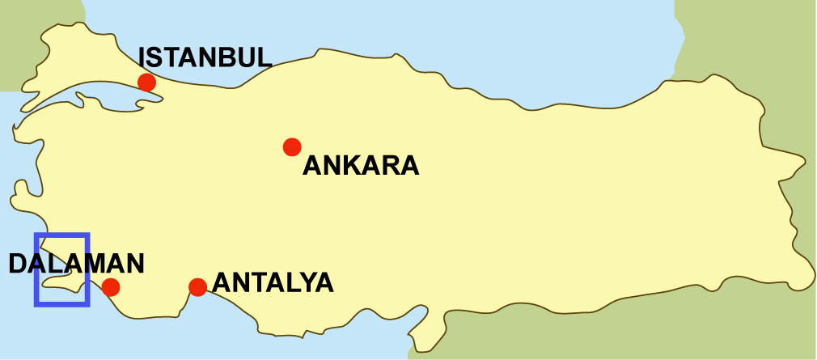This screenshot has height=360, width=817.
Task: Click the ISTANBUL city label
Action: pyautogui.click(x=205, y=57)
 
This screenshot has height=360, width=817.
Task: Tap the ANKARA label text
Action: pyautogui.click(x=361, y=166)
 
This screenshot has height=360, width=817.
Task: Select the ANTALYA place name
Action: pyautogui.click(x=273, y=283)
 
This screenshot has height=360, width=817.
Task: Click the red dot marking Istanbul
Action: pyautogui.click(x=146, y=82)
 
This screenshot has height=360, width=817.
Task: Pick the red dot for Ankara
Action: pyautogui.click(x=292, y=146)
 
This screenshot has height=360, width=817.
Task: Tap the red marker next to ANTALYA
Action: pyautogui.click(x=197, y=286)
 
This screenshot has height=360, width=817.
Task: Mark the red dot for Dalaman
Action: pyautogui.click(x=111, y=286)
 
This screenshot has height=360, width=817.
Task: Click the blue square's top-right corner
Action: pyautogui.click(x=87, y=235)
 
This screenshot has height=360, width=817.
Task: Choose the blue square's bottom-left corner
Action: pyautogui.click(x=36, y=304)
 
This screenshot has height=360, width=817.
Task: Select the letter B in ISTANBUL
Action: pyautogui.click(x=231, y=57)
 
